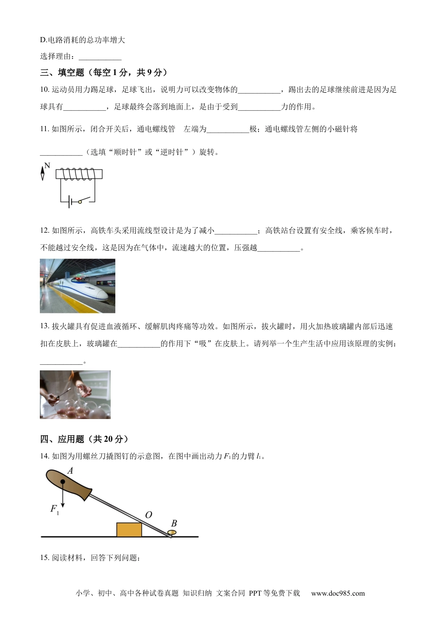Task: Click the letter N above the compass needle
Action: (x=47, y=165)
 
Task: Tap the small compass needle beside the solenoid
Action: (x=43, y=173)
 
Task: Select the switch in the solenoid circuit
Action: (x=82, y=201)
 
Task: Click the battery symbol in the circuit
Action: (x=69, y=202)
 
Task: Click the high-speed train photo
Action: (x=77, y=286)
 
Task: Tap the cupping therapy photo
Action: (x=75, y=394)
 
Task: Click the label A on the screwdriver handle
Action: (x=70, y=471)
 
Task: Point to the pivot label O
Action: (x=148, y=515)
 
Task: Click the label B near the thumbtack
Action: (x=174, y=523)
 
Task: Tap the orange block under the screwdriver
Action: (x=129, y=529)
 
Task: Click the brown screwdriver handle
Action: (x=69, y=484)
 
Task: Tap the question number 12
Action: (x=44, y=230)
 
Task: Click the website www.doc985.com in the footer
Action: (x=338, y=593)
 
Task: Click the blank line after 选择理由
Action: (x=100, y=57)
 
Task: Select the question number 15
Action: (x=44, y=558)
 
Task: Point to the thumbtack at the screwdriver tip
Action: (x=172, y=534)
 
